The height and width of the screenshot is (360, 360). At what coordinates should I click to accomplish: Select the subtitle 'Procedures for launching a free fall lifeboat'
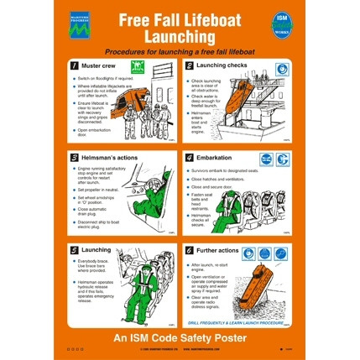[180, 50]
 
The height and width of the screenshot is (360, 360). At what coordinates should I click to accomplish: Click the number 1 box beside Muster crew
[76, 65]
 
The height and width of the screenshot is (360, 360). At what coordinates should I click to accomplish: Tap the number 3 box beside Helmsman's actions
[76, 157]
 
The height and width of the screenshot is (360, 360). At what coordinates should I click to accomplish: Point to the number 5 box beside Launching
[76, 249]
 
